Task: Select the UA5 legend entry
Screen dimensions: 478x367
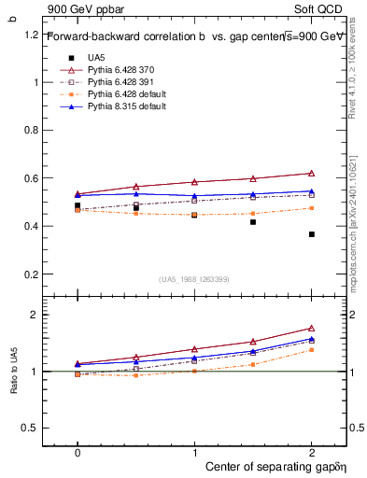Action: coord(95,58)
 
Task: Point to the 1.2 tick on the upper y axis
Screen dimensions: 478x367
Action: coord(31,35)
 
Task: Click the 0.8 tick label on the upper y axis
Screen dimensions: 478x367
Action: coord(31,130)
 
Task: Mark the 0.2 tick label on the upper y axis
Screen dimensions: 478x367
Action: coord(31,274)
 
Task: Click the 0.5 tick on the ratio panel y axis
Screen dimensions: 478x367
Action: coord(31,428)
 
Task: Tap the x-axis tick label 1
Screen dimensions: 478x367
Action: coord(194,452)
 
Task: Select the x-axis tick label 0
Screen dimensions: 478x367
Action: coord(78,452)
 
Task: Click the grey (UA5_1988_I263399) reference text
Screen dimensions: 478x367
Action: coord(194,279)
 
